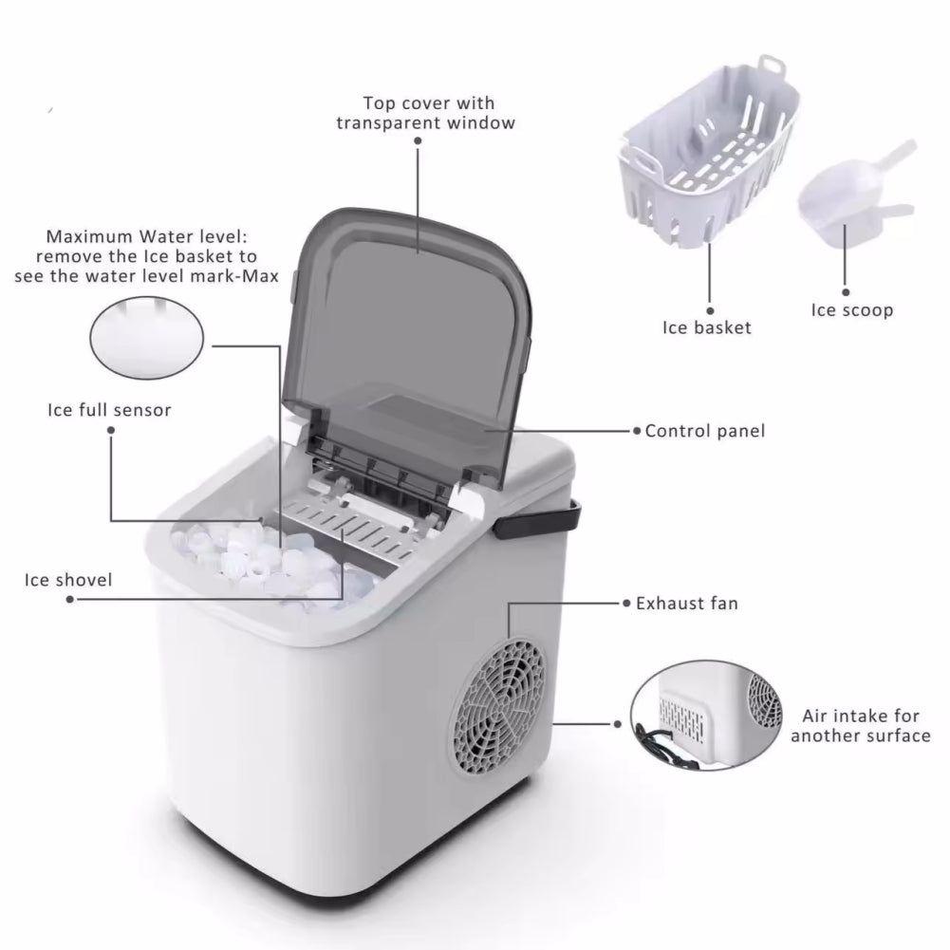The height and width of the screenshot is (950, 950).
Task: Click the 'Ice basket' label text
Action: [706, 327]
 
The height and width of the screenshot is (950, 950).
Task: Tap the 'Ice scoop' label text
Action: [851, 310]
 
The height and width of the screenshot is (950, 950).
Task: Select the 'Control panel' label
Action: [704, 431]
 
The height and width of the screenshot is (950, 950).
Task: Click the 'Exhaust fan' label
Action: [686, 603]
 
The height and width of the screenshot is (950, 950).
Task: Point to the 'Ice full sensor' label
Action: [109, 411]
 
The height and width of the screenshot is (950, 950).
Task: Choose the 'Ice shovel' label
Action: [68, 579]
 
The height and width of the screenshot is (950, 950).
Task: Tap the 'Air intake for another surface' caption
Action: [860, 726]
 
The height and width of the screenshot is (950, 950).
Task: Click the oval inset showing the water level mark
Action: [146, 334]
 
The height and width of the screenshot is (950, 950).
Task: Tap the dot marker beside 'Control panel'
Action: [637, 431]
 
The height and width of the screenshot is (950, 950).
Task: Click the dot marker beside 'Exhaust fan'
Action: [626, 603]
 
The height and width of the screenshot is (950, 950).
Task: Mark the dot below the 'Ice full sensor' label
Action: [110, 430]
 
